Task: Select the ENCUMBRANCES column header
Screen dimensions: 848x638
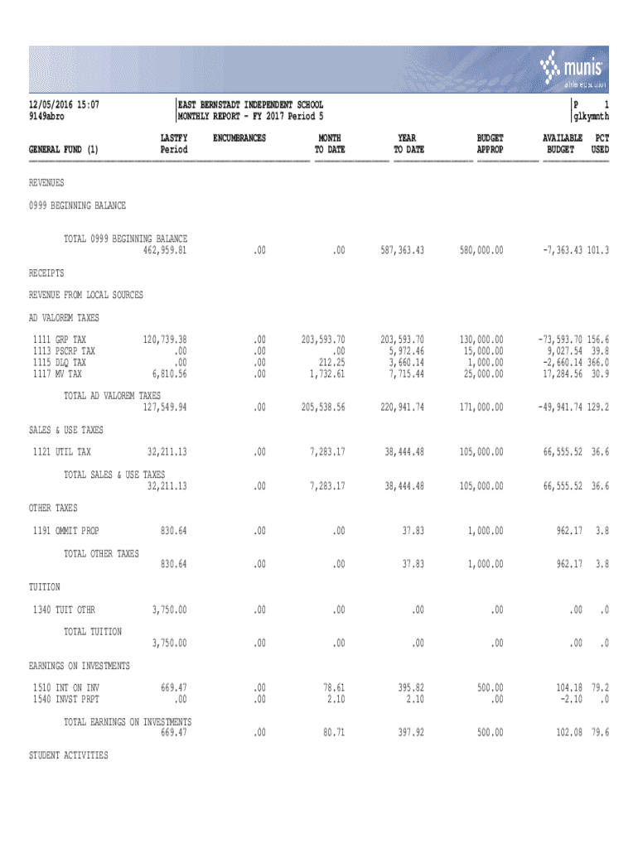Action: tap(239, 137)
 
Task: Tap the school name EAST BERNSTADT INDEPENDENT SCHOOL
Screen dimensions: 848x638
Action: tap(251, 105)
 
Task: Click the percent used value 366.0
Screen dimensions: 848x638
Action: tap(596, 363)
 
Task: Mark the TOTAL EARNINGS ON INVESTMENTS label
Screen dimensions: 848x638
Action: tap(128, 721)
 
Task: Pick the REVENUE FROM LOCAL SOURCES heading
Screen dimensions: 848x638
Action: tap(86, 295)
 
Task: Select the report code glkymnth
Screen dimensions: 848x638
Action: tap(592, 117)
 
